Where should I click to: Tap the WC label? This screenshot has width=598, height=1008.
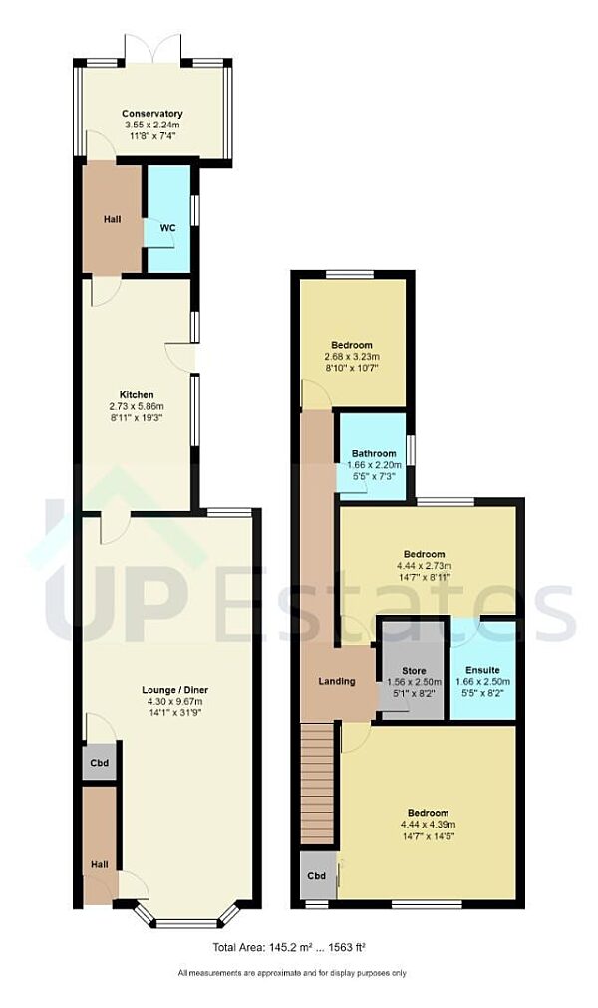tap(167, 227)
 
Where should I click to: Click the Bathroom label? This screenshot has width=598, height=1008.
tap(372, 454)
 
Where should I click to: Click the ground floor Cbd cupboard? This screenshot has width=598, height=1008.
tap(99, 763)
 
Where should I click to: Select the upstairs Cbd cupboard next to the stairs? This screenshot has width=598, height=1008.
tap(316, 876)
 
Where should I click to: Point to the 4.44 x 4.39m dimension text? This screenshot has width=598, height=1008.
tap(428, 825)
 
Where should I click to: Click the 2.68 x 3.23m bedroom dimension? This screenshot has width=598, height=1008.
tap(352, 357)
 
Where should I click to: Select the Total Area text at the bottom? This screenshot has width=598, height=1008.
tap(296, 947)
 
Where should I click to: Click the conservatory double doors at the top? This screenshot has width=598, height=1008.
tap(152, 50)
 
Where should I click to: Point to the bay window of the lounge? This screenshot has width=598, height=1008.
tap(185, 917)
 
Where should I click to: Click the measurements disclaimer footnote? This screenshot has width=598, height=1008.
tap(291, 973)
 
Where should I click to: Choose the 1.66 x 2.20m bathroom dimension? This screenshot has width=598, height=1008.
tap(372, 465)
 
